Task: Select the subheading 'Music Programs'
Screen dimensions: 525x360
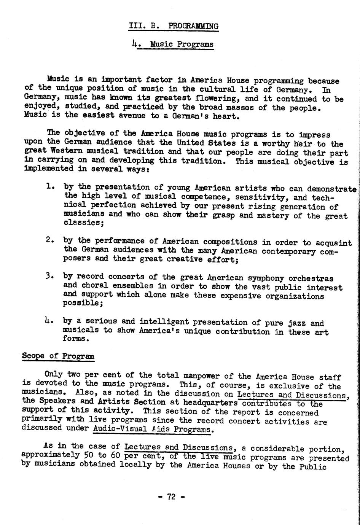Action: [x=182, y=45]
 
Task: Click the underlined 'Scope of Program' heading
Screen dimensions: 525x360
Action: [x=58, y=356]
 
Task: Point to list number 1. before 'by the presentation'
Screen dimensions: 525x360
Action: [x=49, y=187]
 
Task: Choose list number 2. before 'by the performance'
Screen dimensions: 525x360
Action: [x=49, y=240]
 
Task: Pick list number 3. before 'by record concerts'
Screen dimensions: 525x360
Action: [x=49, y=276]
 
